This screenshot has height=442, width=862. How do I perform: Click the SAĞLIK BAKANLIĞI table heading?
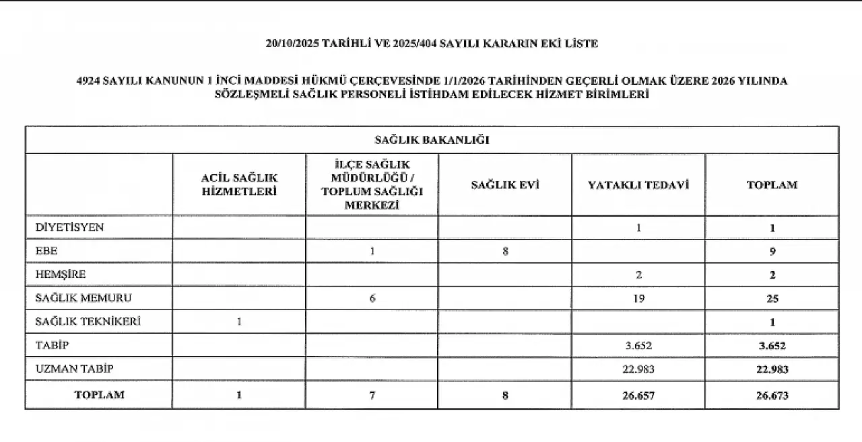click(432, 140)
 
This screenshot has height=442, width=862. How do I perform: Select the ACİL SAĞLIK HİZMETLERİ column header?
click(239, 184)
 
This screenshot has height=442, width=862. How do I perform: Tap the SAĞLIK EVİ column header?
click(505, 184)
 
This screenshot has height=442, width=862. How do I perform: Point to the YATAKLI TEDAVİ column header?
click(638, 184)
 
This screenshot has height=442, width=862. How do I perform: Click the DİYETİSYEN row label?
click(69, 227)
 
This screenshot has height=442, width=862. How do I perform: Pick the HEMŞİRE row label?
click(61, 274)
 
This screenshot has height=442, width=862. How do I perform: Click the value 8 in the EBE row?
click(504, 252)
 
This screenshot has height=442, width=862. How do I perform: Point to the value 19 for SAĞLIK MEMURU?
click(638, 299)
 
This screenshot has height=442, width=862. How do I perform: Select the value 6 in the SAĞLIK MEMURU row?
click(372, 299)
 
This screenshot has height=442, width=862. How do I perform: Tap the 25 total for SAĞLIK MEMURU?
click(772, 299)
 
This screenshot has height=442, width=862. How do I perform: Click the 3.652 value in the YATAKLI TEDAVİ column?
click(638, 346)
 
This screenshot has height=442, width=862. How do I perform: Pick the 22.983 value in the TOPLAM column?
click(772, 369)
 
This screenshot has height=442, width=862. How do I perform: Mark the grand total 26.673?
click(772, 396)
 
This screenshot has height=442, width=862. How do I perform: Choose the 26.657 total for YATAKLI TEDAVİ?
click(638, 396)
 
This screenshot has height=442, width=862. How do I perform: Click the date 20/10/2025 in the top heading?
click(292, 44)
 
